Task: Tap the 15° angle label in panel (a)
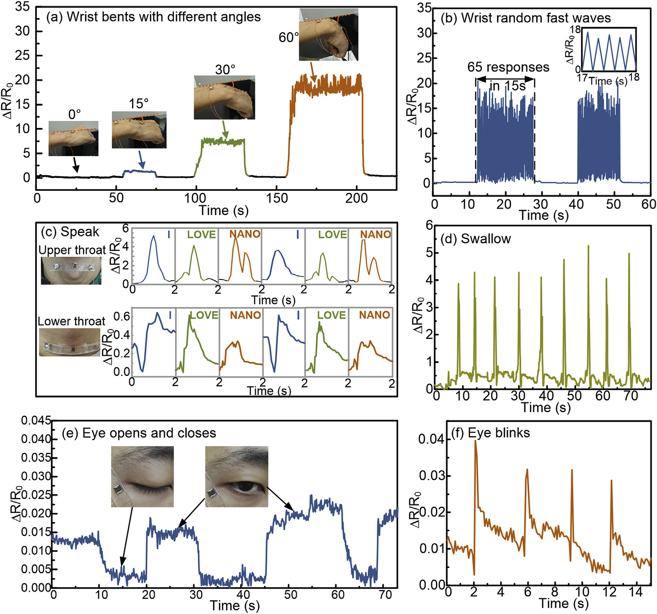[139, 104]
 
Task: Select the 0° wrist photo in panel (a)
[73, 138]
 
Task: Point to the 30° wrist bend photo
[224, 98]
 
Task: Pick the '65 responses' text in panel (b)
[508, 67]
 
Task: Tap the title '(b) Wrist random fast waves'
[526, 18]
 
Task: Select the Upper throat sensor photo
[71, 271]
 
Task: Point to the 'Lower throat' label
[71, 321]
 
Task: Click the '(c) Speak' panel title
[70, 232]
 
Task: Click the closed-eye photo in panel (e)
[142, 477]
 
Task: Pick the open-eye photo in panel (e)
[237, 477]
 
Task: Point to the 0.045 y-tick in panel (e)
[36, 421]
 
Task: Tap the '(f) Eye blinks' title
[490, 433]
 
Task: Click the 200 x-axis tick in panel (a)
[356, 198]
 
